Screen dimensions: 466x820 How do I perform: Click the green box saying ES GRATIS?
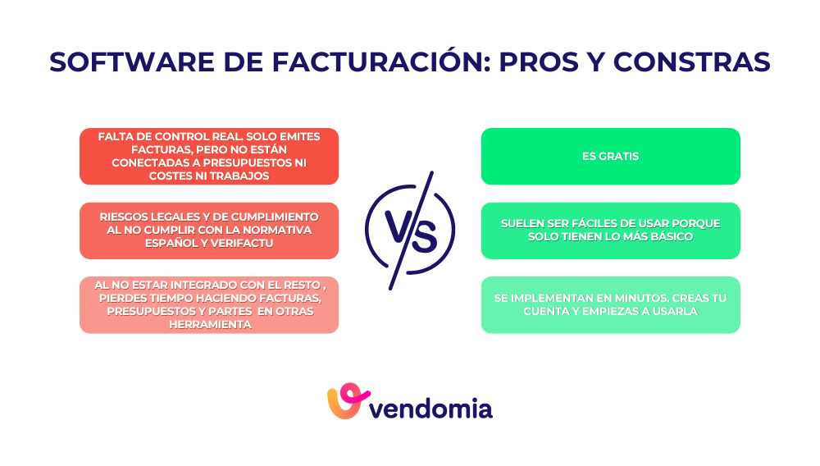(610, 156)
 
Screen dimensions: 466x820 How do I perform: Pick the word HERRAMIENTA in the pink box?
(209, 324)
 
